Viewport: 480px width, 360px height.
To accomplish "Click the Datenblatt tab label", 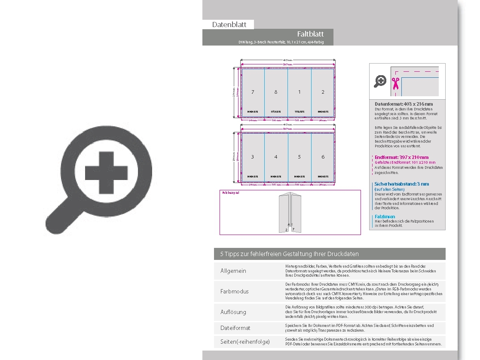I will (x=229, y=24).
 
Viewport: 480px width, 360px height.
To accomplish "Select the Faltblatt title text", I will (x=310, y=34).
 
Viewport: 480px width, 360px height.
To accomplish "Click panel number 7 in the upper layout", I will (x=253, y=92).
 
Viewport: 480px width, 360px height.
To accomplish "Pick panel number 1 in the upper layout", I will (x=300, y=92).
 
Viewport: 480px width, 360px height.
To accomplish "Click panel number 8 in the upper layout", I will (x=276, y=92).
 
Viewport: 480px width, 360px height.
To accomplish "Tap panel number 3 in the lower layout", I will (x=253, y=157).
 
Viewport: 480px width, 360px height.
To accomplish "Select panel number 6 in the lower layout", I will (x=323, y=157).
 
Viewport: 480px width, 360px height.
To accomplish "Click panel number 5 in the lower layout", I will (x=300, y=157).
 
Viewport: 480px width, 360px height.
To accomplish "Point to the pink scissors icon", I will (x=395, y=83).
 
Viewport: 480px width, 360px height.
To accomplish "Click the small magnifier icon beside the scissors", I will (x=380, y=81).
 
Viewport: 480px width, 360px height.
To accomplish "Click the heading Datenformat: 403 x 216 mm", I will (x=404, y=104).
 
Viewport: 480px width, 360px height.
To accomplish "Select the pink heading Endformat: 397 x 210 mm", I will (x=401, y=157).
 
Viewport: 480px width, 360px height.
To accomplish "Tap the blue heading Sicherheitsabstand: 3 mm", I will (x=401, y=184).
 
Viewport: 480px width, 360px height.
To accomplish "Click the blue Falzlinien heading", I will (x=385, y=217).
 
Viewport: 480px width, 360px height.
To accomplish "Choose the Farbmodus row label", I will (x=234, y=291).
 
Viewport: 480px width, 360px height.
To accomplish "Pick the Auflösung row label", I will (x=233, y=312).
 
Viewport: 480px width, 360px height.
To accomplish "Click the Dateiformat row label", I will (x=235, y=328).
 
